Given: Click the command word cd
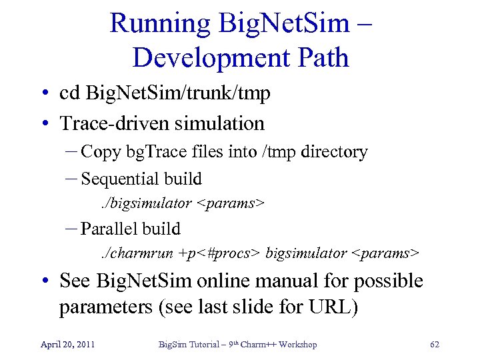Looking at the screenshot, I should pyautogui.click(x=70, y=93).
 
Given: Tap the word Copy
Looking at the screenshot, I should pyautogui.click(x=101, y=152).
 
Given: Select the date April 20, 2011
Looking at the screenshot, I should pyautogui.click(x=67, y=345).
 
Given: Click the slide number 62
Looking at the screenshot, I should pyautogui.click(x=435, y=345).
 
